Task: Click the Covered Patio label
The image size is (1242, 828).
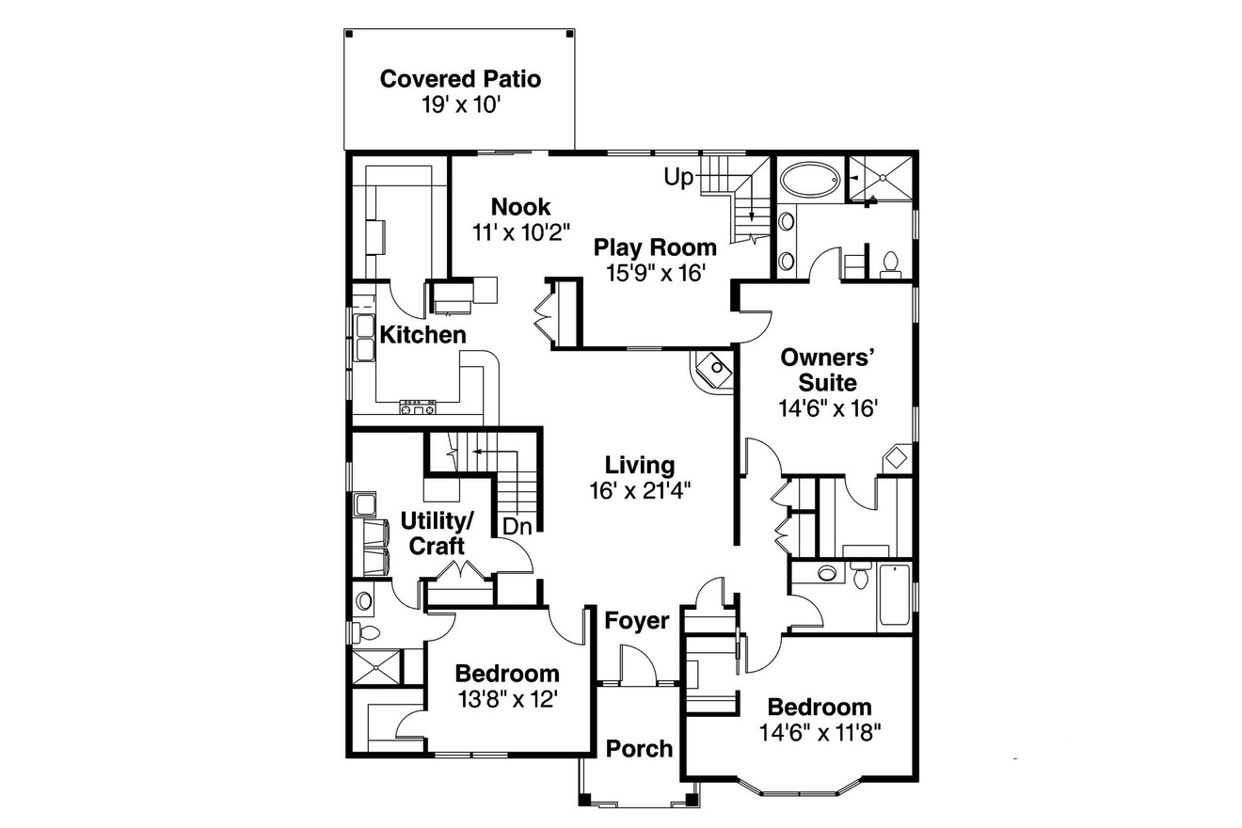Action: [x=460, y=79]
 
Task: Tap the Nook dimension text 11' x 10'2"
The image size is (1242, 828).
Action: [x=521, y=231]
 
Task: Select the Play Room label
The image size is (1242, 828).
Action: [x=655, y=247]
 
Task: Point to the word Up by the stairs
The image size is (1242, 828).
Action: [x=678, y=176]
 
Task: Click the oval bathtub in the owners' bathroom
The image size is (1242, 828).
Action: [x=809, y=179]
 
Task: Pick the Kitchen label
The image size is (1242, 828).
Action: [x=422, y=335]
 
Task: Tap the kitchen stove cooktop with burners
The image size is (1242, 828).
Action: [x=419, y=407]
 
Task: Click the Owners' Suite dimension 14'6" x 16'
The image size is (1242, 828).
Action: [x=828, y=408]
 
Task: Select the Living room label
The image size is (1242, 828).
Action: [x=640, y=465]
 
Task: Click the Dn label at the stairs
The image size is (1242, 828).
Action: [x=517, y=527]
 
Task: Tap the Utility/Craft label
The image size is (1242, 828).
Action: [x=437, y=533]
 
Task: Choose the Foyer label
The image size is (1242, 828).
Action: [x=637, y=621]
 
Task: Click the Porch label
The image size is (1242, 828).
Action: [x=639, y=749]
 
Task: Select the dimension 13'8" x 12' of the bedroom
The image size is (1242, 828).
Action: [x=507, y=699]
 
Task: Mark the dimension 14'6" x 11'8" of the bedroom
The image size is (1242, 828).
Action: [x=820, y=731]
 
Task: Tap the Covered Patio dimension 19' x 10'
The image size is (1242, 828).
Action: [x=460, y=104]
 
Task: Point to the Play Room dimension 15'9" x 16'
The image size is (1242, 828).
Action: [x=655, y=273]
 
